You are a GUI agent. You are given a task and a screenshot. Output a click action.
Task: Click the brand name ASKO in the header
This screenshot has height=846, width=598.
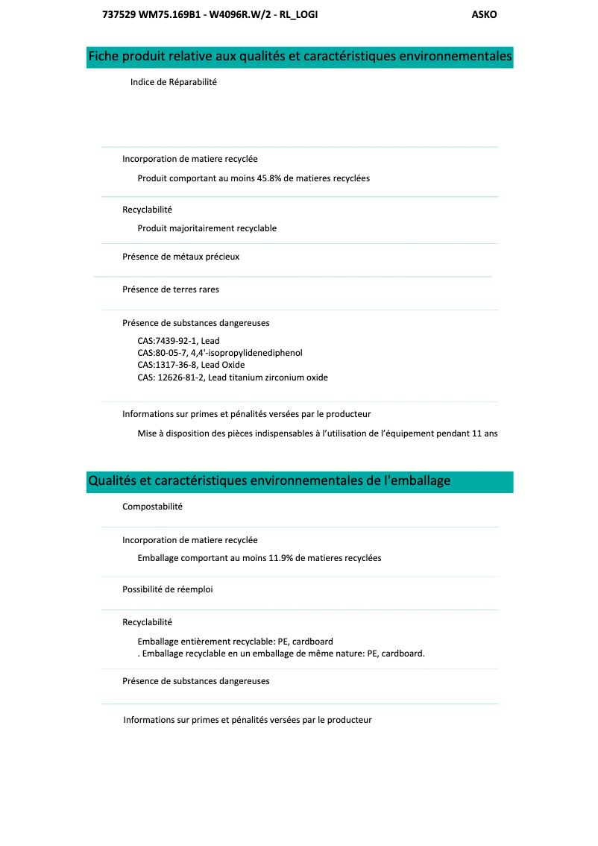pos(484,15)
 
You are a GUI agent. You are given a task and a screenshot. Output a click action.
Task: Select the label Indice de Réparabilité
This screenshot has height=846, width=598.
pos(173,82)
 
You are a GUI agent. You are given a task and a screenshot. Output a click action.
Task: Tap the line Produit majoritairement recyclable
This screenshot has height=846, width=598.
pos(207,228)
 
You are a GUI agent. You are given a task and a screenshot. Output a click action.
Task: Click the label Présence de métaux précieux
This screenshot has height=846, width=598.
pos(180,257)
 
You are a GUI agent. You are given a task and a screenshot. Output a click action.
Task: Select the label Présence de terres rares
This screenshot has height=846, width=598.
pos(171,289)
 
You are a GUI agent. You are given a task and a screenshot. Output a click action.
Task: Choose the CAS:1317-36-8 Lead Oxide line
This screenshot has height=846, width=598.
pos(191,365)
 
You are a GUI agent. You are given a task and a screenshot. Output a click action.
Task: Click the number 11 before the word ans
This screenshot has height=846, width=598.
pos(477,433)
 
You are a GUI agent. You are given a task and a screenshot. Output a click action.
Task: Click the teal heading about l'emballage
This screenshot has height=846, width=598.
pos(269,481)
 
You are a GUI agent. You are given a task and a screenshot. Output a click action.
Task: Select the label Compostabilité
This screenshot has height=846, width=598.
pos(152,507)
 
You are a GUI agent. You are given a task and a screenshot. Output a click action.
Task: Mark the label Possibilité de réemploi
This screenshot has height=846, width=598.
pos(167,589)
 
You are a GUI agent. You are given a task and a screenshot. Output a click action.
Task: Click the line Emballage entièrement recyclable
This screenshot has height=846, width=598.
pos(235,642)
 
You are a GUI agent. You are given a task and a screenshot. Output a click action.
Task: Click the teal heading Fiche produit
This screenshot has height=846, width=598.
pos(300,57)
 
